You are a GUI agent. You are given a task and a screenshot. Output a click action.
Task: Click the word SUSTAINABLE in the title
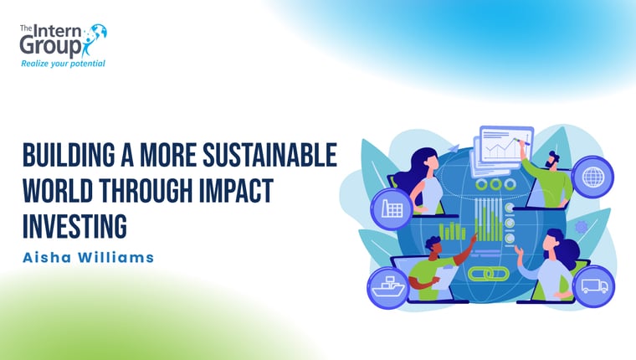(x=269, y=155)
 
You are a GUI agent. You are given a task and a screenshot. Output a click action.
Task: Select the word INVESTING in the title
(x=74, y=226)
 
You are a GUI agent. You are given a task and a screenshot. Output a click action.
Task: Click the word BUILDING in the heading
(x=69, y=155)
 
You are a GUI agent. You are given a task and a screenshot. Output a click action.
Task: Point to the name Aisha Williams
(x=88, y=257)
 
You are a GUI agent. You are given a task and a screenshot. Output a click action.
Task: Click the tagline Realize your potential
(x=63, y=64)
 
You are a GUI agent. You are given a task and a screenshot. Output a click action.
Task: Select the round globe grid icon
(x=592, y=177)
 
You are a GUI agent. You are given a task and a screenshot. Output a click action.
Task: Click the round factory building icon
(x=392, y=209)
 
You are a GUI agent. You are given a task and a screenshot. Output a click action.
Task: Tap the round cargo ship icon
(x=388, y=288)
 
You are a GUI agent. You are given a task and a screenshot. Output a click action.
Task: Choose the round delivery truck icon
(x=594, y=286)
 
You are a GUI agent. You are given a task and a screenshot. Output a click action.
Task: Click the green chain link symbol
(x=489, y=274)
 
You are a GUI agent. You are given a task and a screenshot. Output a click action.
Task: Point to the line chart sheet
(x=506, y=145)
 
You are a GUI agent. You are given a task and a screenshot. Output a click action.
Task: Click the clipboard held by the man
(x=445, y=277)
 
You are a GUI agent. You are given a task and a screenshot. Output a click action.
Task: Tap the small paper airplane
(x=454, y=148)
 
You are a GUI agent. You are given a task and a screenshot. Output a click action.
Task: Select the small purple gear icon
(x=582, y=227)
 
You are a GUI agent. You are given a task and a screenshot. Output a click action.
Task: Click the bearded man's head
(x=552, y=160)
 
